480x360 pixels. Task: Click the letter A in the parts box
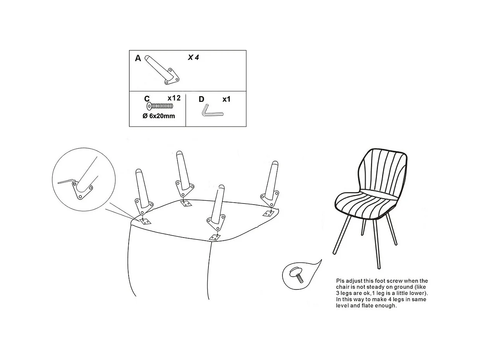click(x=138, y=58)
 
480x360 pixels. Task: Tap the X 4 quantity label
click(x=193, y=57)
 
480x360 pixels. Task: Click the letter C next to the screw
click(x=147, y=99)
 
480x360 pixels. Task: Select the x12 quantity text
click(x=174, y=98)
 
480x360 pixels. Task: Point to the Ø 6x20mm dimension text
click(x=159, y=116)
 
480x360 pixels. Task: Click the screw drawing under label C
click(x=160, y=106)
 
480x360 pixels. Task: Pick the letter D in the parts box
click(x=201, y=99)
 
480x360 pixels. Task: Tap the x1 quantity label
click(x=226, y=99)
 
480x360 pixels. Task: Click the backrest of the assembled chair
click(x=383, y=171)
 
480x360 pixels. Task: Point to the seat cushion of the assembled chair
click(x=367, y=205)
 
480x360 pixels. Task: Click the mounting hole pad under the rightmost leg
click(x=268, y=214)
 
